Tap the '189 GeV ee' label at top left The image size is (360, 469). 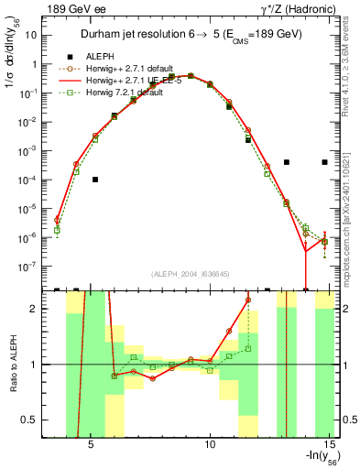[73, 8]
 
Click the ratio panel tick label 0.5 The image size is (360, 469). [36, 420]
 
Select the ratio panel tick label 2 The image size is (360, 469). [39, 309]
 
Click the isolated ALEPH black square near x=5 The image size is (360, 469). [95, 180]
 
